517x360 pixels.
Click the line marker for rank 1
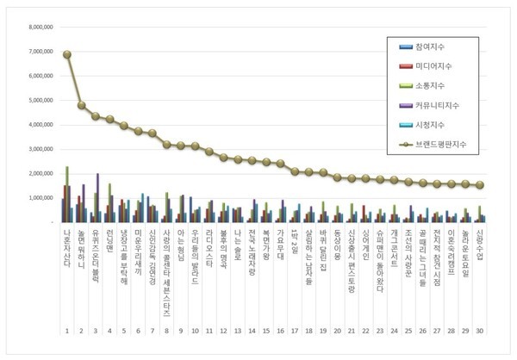tap(67, 54)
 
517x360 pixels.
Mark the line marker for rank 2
tap(82, 105)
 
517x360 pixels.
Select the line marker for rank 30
tap(481, 184)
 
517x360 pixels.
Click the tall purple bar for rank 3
tap(98, 197)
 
